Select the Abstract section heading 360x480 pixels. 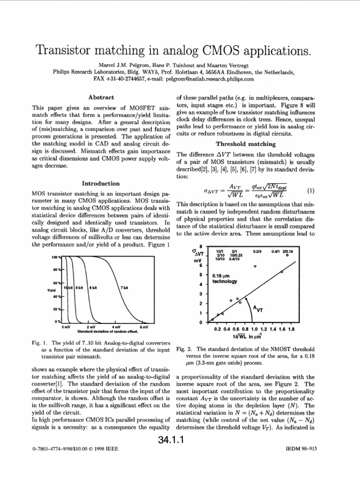(x=101, y=97)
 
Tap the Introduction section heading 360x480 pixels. (x=101, y=183)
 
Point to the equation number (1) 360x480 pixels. (x=310, y=191)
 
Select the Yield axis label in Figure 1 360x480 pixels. (x=52, y=290)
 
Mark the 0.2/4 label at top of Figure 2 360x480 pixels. (x=257, y=251)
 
